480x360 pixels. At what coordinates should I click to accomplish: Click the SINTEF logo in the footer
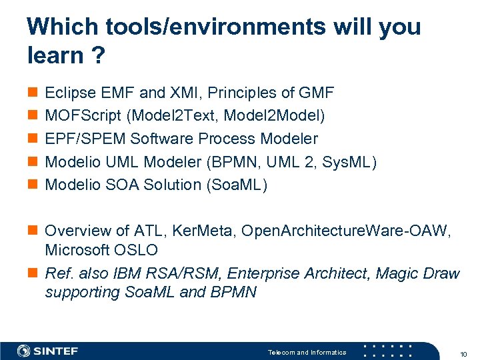point(48,351)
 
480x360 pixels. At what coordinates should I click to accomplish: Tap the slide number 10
point(464,353)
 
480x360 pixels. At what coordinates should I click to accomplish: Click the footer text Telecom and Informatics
point(307,353)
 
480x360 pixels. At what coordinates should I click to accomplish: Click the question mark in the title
point(97,56)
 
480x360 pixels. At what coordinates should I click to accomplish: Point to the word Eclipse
point(69,93)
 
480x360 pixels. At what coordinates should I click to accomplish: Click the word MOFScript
point(82,116)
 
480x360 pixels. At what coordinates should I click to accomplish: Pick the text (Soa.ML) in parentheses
point(237,185)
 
